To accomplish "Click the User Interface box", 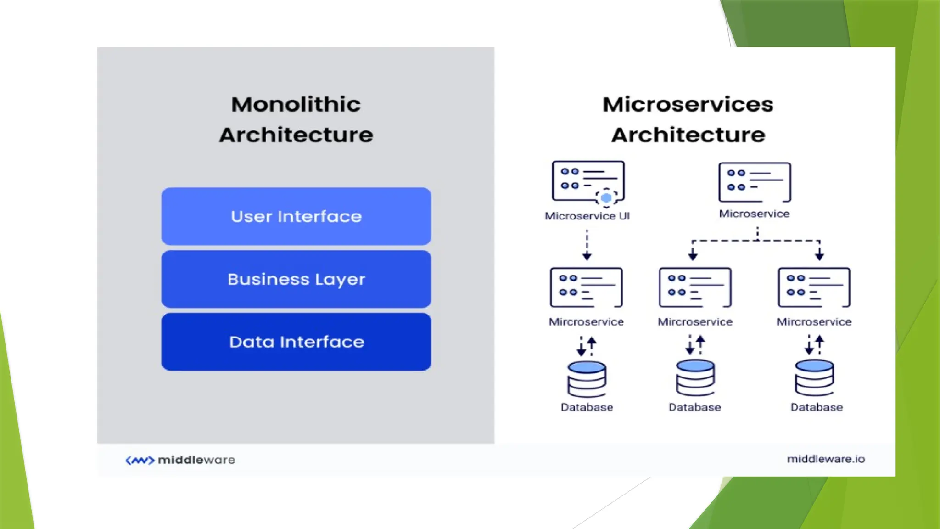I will [296, 216].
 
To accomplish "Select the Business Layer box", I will [296, 279].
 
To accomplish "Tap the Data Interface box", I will [296, 342].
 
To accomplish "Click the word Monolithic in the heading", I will [296, 104].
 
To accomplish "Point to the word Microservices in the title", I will [688, 104].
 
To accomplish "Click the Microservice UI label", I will [587, 216].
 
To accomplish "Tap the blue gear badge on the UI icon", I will [606, 198].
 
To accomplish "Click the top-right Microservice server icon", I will [755, 182].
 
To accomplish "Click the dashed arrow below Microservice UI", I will [587, 246].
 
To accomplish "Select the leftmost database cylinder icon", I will [587, 379].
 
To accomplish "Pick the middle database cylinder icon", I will [695, 378].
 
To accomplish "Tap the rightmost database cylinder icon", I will [814, 378].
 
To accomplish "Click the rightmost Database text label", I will [816, 407].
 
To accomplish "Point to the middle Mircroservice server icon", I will [695, 287].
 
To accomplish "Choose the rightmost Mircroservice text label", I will [814, 322].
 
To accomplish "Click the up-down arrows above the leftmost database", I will [587, 346].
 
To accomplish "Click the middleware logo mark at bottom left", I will [140, 460].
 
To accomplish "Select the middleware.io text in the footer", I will [825, 459].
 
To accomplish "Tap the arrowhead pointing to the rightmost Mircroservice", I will [819, 255].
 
